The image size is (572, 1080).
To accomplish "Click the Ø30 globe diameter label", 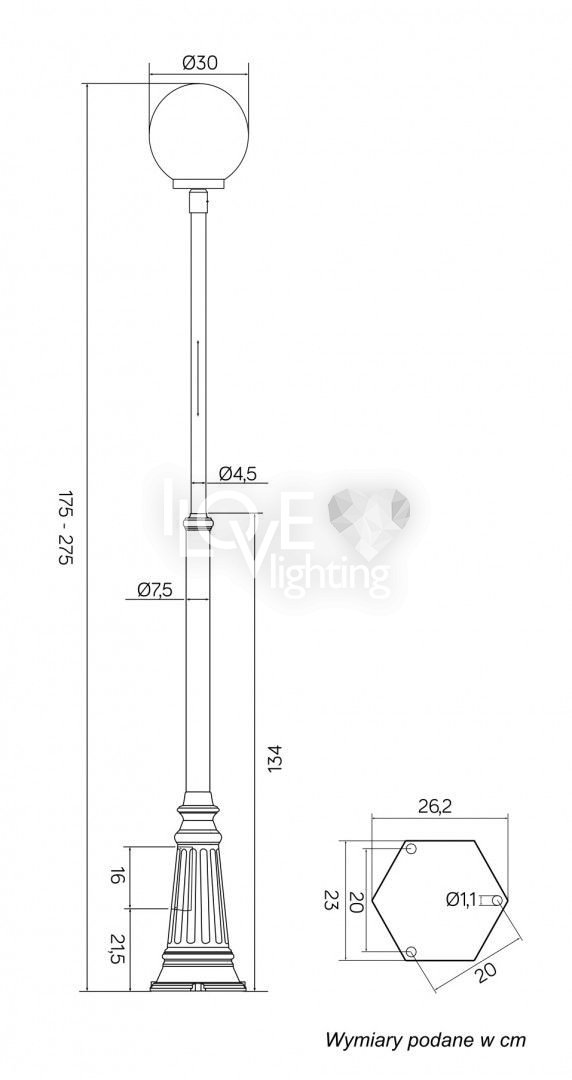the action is (199, 63).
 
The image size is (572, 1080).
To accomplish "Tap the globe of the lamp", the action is (198, 132).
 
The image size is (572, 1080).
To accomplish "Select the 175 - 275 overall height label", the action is (65, 528).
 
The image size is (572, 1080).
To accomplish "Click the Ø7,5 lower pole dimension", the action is (155, 590).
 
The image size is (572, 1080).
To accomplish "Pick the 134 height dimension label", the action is (274, 758).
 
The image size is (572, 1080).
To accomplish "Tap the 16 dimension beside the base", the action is (117, 877).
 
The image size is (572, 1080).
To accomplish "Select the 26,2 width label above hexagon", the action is (435, 807).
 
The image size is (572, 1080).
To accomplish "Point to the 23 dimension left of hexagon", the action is (331, 900).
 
